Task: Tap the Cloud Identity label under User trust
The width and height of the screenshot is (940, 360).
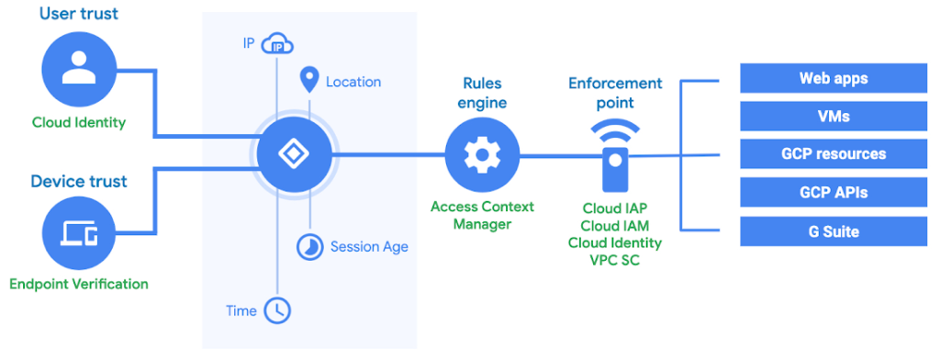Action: [x=78, y=122]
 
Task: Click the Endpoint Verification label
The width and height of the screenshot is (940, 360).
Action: [x=78, y=284]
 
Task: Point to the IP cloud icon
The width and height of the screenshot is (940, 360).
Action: [x=276, y=43]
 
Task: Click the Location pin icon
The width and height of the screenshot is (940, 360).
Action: [x=309, y=81]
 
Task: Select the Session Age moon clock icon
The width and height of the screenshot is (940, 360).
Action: [x=309, y=246]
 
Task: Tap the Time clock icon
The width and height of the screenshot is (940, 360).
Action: [x=276, y=310]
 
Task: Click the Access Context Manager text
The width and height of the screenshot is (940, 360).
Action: [x=482, y=215]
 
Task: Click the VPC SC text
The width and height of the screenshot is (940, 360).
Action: [x=614, y=260]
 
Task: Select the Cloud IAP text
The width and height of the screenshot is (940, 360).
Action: [x=614, y=208]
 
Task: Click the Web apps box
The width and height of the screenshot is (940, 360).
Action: [x=833, y=78]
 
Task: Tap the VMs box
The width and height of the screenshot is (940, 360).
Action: [x=833, y=117]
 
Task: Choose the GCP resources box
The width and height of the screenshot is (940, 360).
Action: [x=833, y=154]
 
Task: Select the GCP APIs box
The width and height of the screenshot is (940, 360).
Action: [x=833, y=193]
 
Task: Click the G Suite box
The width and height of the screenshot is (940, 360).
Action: [x=833, y=231]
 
